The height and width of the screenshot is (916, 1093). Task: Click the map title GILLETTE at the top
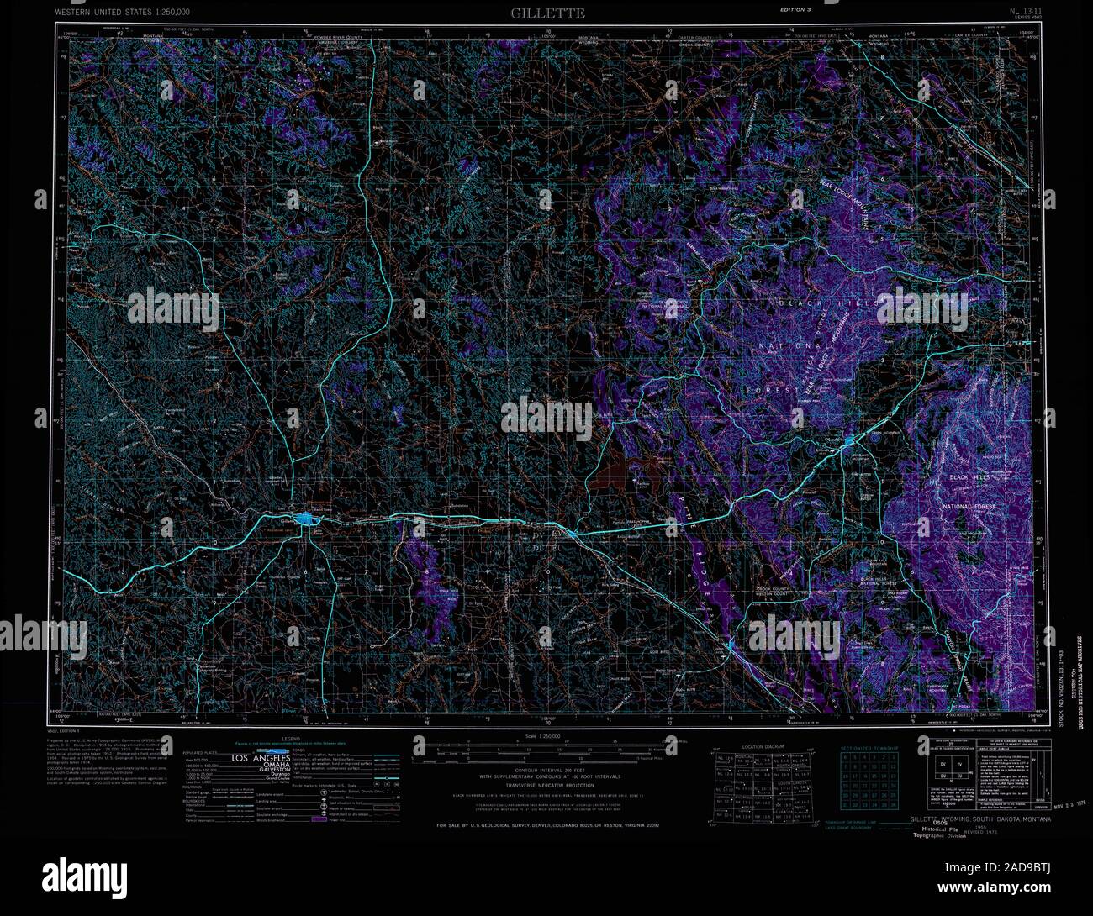546,13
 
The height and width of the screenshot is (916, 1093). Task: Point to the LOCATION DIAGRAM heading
763,746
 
